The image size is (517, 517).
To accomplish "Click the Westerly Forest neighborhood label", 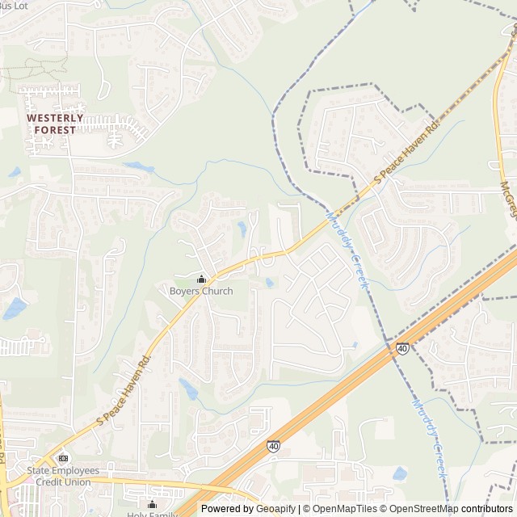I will [x=56, y=123].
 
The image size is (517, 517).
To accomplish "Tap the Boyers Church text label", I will [x=201, y=292].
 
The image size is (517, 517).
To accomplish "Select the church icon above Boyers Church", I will [x=201, y=280].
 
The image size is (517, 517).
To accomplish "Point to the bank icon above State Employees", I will [x=64, y=458].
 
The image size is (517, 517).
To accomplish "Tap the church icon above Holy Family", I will [x=152, y=505].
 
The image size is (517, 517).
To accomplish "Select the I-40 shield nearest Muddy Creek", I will [x=402, y=347].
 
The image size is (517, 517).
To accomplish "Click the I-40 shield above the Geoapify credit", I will [x=274, y=445].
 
